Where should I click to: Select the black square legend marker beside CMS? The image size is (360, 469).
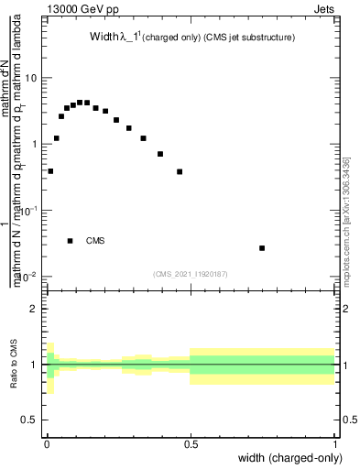click(x=71, y=241)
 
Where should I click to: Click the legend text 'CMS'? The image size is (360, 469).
click(x=95, y=242)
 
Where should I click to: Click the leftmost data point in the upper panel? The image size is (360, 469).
click(x=50, y=171)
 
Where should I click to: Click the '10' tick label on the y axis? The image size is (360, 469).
click(x=29, y=78)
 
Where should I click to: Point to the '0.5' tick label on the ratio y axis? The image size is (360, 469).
click(x=28, y=420)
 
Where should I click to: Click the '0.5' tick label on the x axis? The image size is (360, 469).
click(x=191, y=443)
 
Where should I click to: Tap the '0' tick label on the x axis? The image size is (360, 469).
click(x=46, y=443)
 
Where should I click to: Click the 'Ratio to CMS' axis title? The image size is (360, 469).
click(x=14, y=365)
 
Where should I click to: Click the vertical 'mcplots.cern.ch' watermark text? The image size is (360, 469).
click(x=346, y=220)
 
